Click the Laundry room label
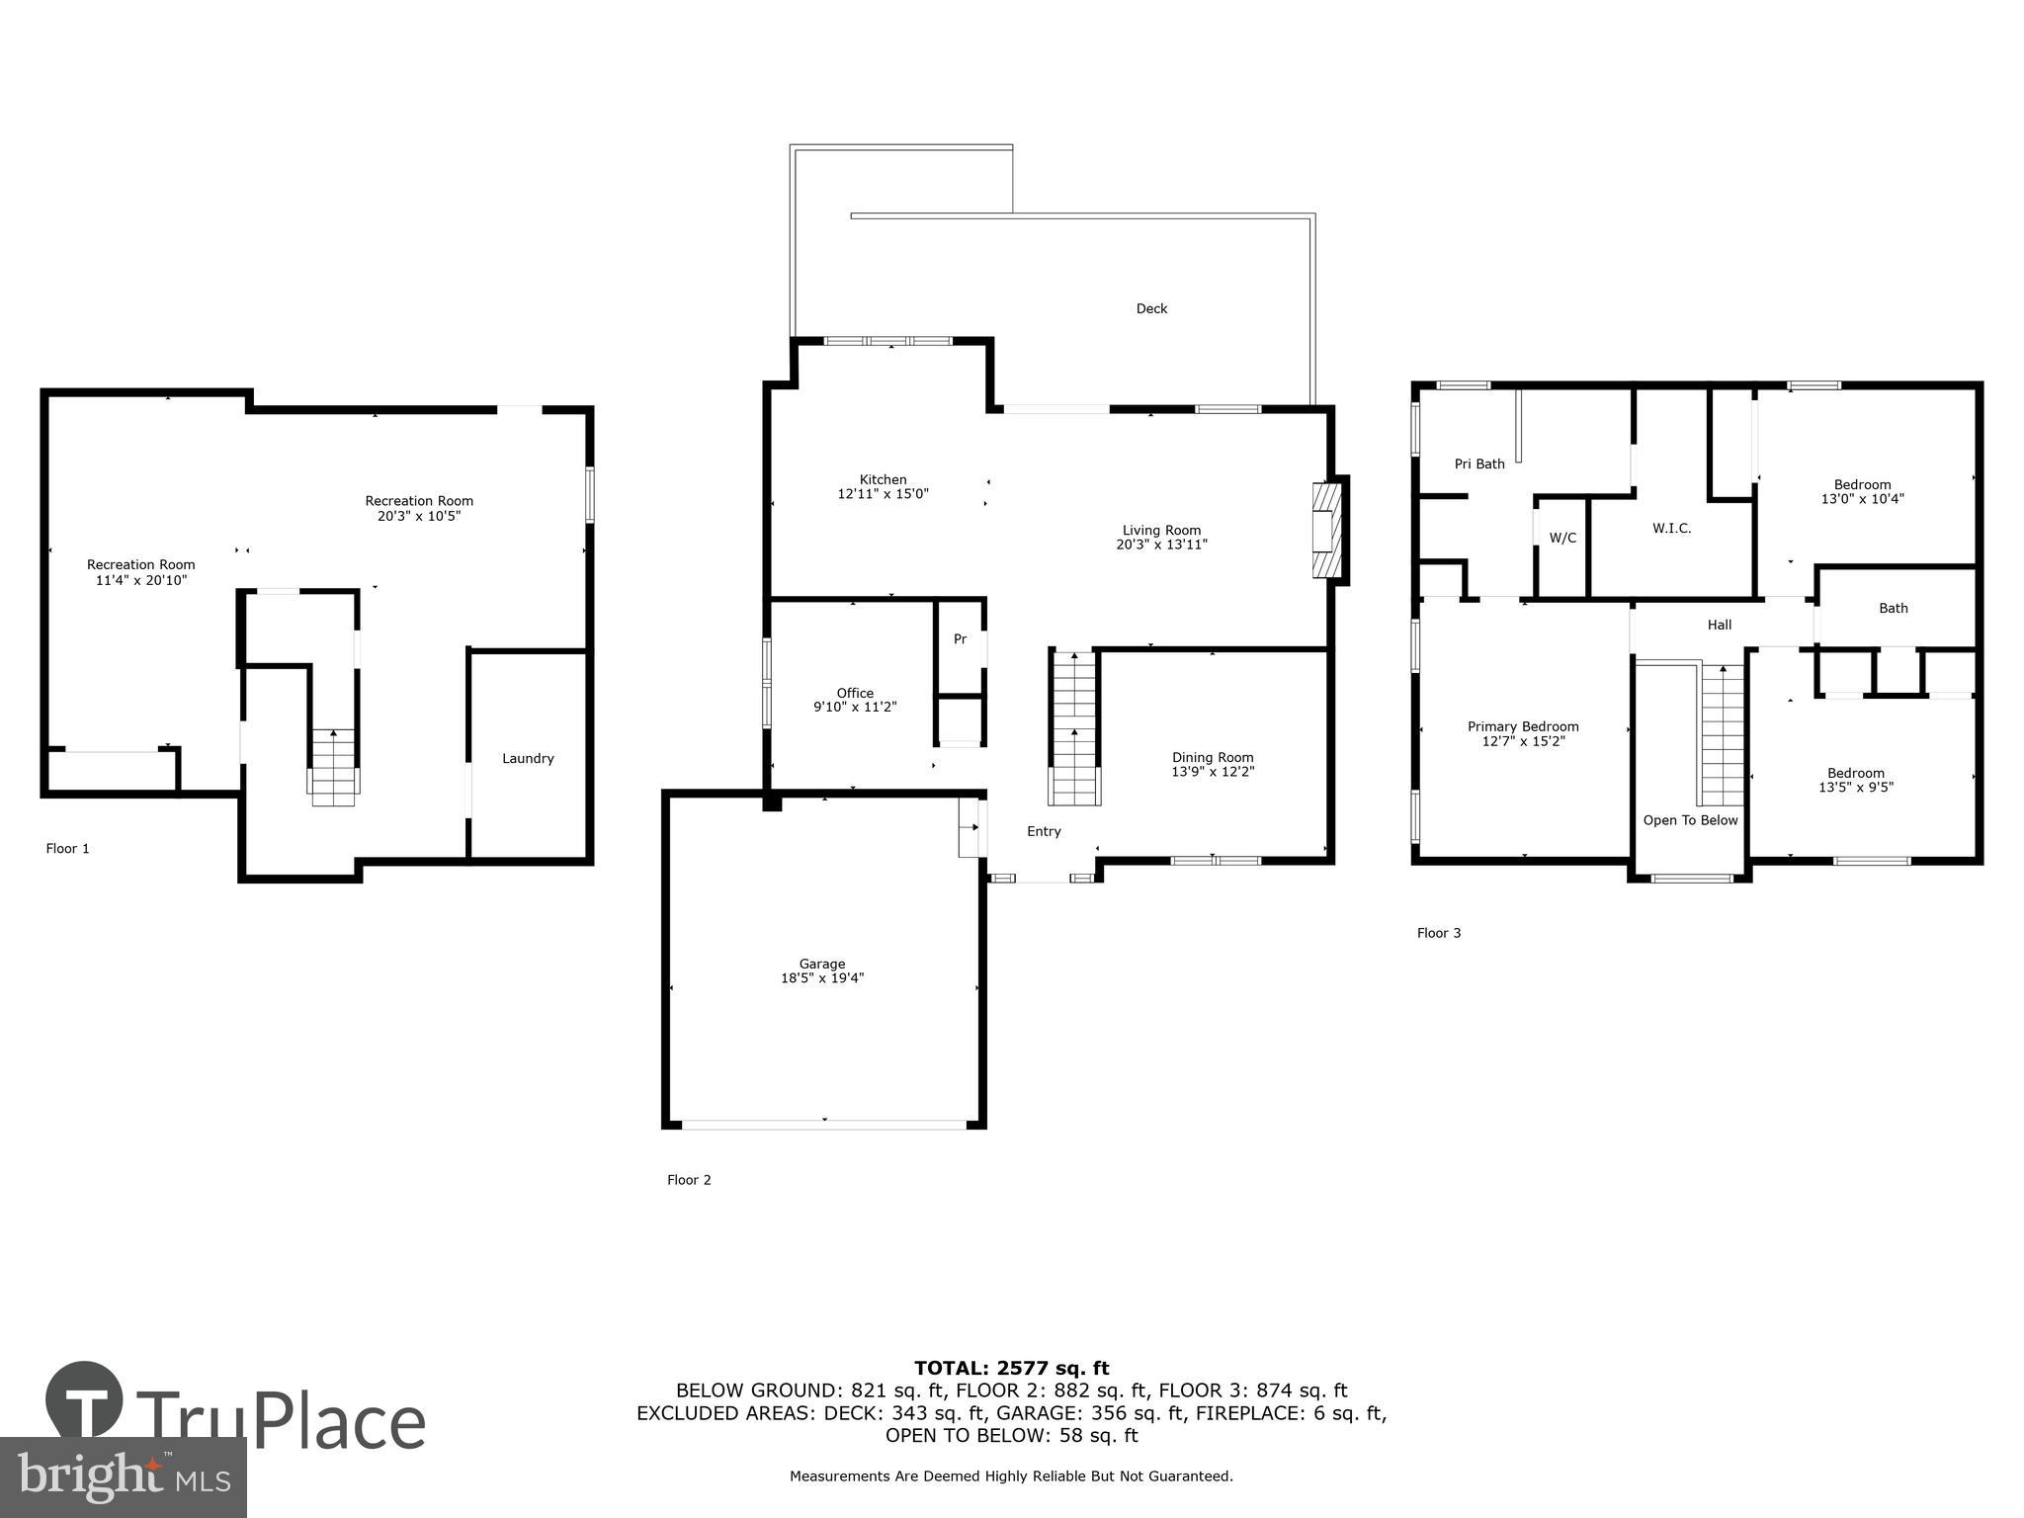point(528,759)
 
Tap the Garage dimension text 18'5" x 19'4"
point(822,978)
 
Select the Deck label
point(1151,309)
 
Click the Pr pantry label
point(960,640)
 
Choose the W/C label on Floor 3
point(1562,539)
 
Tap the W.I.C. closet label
point(1671,529)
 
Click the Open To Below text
point(1690,820)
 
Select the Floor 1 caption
point(67,849)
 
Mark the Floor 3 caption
point(1438,933)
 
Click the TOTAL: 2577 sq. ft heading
point(1011,1369)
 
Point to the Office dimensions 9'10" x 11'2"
point(855,708)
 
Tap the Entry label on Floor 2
point(1044,832)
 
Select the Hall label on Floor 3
point(1720,625)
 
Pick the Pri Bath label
point(1479,464)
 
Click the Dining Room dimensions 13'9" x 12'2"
point(1213,772)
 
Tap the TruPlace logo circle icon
point(84,1400)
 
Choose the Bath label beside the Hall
point(1893,609)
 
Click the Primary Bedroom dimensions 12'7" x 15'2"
point(1523,741)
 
